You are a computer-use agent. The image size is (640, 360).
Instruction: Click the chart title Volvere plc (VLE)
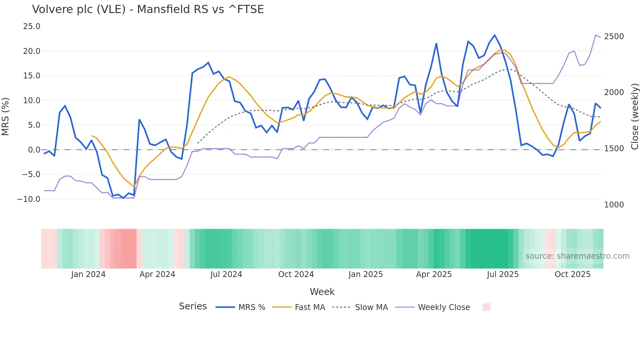148,9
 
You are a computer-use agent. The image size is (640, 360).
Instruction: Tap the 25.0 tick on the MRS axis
32,26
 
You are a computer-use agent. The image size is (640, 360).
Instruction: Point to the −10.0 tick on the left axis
29,199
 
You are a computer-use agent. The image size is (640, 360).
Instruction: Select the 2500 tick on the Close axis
614,37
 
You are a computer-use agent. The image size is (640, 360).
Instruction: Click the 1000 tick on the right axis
614,205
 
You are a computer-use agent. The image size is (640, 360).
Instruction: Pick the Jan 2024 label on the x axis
88,274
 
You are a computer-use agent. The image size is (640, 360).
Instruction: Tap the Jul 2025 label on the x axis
503,274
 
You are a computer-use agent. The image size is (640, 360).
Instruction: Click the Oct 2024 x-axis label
296,274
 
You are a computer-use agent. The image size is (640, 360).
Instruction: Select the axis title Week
322,292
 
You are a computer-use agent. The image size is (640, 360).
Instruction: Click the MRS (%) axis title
5,116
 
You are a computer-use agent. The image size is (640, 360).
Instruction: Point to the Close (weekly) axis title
634,116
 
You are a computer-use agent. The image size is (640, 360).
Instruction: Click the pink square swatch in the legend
487,307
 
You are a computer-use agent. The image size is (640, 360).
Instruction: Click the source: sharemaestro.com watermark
577,256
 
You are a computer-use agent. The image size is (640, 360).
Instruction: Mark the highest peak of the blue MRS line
495,35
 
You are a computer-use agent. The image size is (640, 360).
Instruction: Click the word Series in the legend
193,306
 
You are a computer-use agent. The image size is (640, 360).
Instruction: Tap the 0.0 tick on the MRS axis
34,150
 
